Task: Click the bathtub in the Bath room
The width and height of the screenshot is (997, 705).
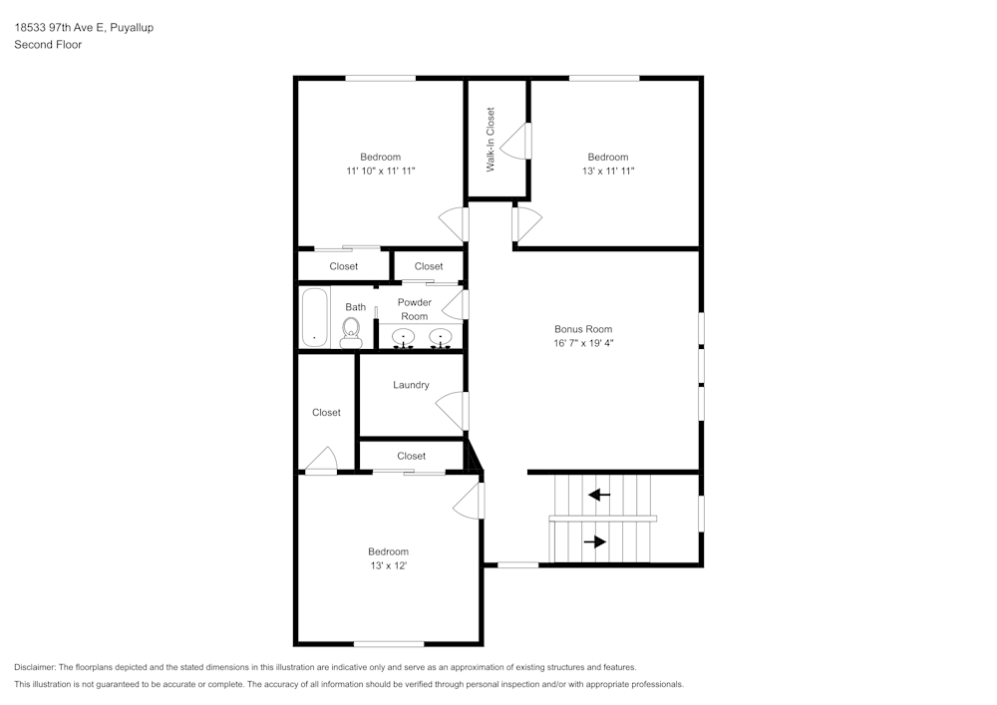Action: coord(315,317)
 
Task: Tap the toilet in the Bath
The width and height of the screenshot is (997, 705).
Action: coord(351,331)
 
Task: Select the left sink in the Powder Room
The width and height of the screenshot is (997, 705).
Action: coord(404,337)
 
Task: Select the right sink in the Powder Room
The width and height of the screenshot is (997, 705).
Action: coord(440,337)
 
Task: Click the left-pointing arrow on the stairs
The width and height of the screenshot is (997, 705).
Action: coord(599,494)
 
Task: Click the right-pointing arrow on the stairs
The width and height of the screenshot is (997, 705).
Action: coord(595,541)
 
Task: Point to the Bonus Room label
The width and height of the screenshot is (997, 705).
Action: coord(583,329)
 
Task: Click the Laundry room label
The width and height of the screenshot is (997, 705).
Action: coord(411,385)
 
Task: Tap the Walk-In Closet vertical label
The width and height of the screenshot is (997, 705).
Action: coord(491,140)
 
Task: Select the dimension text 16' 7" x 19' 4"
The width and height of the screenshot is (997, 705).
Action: coord(583,343)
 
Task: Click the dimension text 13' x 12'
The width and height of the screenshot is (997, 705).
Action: coord(388,565)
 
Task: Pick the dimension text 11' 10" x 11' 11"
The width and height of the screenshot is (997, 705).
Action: coord(380,171)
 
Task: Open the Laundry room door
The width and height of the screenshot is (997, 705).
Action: coord(452,410)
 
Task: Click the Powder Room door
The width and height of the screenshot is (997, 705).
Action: coord(455,305)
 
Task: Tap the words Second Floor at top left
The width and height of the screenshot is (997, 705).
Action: coord(48,45)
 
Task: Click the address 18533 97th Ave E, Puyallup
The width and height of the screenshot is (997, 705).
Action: coord(84,28)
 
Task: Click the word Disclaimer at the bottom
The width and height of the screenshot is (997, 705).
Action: coord(35,667)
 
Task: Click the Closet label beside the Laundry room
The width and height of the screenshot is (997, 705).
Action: coord(326,412)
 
